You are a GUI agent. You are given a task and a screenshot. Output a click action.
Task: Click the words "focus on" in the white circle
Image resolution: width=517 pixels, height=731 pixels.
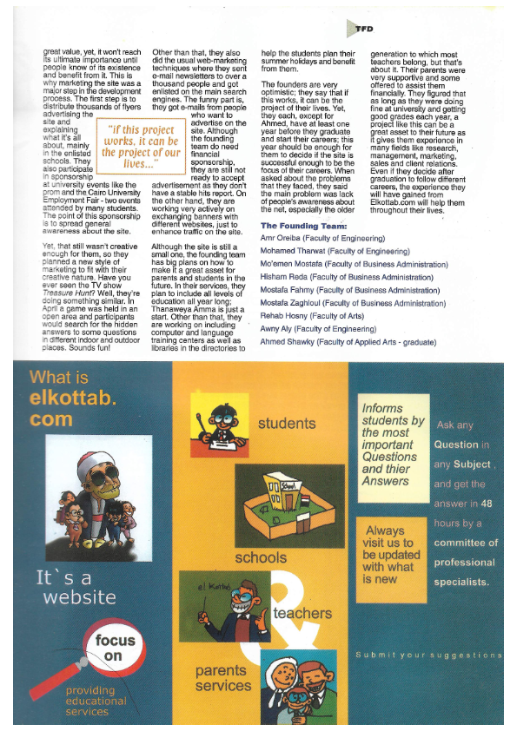[116, 647]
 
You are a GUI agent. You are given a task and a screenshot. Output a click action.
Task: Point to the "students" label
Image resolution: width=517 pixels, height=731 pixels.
[287, 424]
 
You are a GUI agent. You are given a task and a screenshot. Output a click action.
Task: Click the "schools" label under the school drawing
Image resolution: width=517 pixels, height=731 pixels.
[261, 556]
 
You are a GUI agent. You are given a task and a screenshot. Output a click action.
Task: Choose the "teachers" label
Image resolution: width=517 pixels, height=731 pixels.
[302, 613]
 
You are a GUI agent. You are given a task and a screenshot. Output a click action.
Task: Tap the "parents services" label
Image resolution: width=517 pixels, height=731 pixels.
[222, 677]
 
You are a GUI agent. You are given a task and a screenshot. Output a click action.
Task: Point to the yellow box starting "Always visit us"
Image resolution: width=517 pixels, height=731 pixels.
[391, 555]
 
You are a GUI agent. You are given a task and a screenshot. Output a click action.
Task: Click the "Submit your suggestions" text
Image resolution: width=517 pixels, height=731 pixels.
[429, 654]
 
